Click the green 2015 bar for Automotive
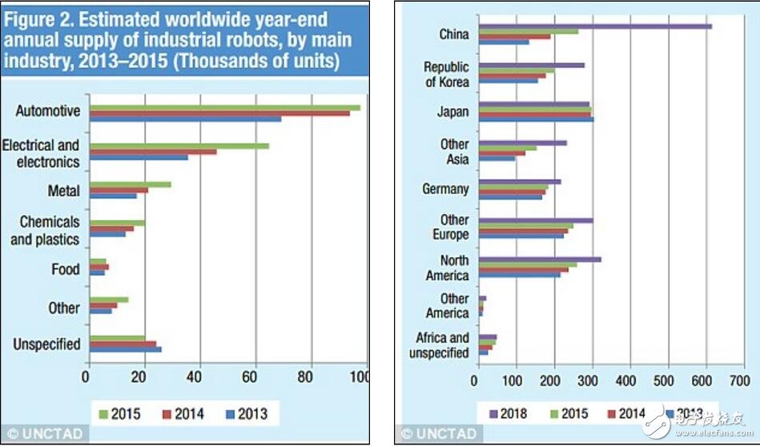(x=224, y=107)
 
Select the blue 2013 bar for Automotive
(x=185, y=119)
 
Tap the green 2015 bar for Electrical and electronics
(x=179, y=146)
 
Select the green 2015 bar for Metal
(x=130, y=184)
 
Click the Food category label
(x=66, y=269)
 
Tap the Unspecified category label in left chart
(x=46, y=344)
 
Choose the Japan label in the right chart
(x=452, y=112)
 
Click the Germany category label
(x=445, y=189)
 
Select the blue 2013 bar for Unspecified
(x=125, y=349)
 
